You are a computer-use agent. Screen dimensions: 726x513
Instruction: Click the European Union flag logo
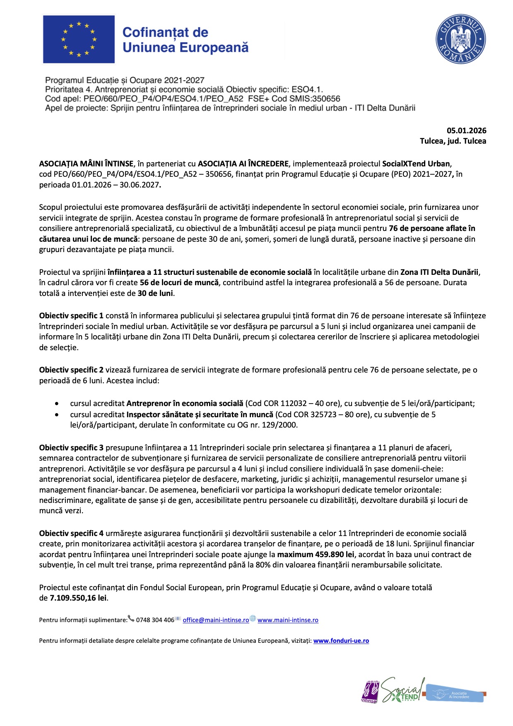(79, 39)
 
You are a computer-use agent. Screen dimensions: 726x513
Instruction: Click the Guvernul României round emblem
(460, 39)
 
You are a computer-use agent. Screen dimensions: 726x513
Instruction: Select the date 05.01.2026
(466, 131)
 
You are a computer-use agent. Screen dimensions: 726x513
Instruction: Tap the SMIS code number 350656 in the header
(327, 99)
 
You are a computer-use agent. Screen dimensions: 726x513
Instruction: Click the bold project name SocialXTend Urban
(416, 163)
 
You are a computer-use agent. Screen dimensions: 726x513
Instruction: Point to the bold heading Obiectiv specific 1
(71, 316)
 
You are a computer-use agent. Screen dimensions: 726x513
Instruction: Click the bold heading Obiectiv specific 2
(71, 370)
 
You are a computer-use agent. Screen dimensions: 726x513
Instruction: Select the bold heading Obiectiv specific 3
(71, 448)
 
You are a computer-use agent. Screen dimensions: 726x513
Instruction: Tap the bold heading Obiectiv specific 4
(71, 534)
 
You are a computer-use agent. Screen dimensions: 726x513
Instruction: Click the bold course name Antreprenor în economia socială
(185, 404)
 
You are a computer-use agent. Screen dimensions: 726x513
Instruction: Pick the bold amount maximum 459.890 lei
(316, 555)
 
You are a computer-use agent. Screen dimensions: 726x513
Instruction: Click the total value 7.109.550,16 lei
(78, 598)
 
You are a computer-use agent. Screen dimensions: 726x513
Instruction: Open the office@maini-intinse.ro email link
(216, 620)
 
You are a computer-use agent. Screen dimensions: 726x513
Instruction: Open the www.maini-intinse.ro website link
(288, 620)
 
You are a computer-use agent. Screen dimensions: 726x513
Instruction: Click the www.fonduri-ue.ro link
(341, 641)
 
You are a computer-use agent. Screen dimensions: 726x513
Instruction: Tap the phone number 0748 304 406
(155, 620)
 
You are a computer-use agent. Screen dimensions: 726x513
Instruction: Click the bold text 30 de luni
(155, 293)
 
